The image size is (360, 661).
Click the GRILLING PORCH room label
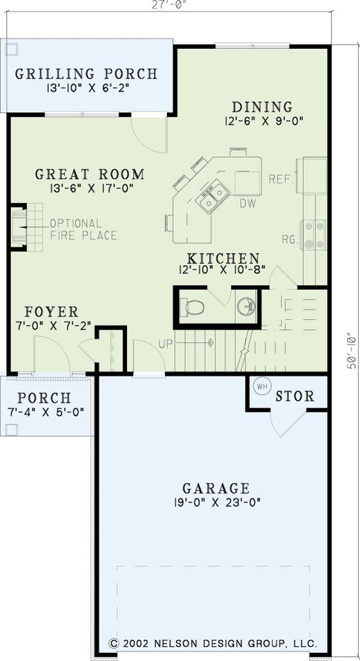click(86, 74)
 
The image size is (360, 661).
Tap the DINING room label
click(262, 107)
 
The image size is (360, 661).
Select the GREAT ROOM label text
click(90, 174)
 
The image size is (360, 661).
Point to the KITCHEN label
click(224, 258)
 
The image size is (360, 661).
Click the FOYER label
click(51, 312)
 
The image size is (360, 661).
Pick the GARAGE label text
click(216, 487)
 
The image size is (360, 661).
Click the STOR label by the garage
click(294, 396)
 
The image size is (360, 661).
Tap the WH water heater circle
click(261, 388)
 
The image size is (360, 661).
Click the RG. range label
click(288, 238)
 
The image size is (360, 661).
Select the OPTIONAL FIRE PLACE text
click(82, 229)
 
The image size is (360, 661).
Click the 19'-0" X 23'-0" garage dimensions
click(216, 502)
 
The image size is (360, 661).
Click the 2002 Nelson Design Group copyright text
click(213, 643)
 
